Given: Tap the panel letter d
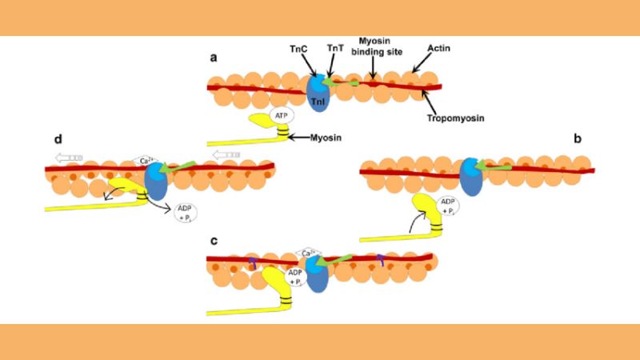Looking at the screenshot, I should (58, 138).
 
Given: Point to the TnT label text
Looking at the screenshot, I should (337, 49).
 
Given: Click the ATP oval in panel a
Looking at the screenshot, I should (282, 116).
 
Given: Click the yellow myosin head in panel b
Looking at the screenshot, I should (423, 210).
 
